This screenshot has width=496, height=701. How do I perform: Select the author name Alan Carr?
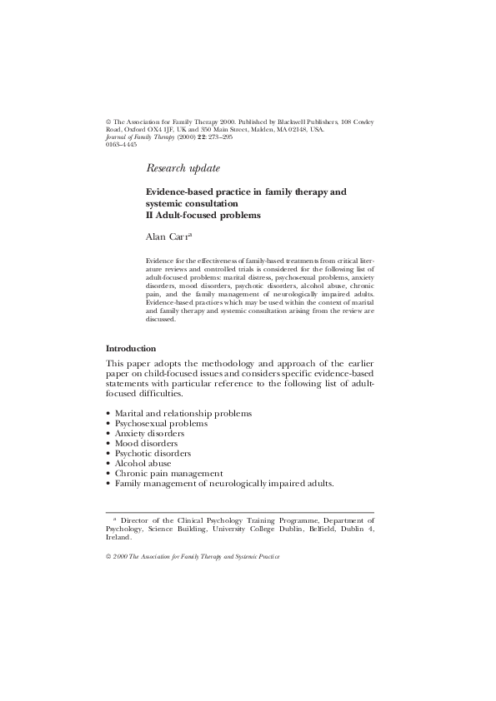170,236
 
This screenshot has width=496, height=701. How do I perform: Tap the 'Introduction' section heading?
131,348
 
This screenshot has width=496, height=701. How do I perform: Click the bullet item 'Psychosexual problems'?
155,423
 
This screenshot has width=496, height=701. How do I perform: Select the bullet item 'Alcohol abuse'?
143,463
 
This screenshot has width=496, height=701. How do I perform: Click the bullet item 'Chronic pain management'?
163,473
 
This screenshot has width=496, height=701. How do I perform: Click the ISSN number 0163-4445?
122,144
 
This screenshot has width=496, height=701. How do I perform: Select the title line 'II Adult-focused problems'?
203,215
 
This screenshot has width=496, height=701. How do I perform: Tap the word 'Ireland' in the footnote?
118,537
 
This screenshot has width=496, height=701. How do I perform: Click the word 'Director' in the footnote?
137,517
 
